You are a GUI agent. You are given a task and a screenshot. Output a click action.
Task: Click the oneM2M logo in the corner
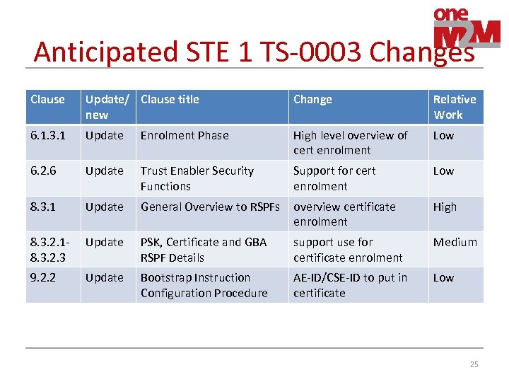tap(466, 28)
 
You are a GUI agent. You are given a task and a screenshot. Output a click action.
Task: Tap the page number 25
tap(474, 364)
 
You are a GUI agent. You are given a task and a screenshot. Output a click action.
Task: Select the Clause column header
tap(47, 100)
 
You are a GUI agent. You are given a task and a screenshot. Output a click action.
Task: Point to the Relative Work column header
tap(455, 107)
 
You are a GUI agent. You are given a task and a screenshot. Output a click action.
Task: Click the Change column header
tap(312, 100)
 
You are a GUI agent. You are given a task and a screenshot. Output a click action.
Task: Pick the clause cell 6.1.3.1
tap(47, 135)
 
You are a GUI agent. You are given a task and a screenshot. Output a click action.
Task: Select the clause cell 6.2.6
tap(44, 170)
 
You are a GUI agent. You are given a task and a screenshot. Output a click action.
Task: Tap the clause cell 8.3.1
tap(44, 207)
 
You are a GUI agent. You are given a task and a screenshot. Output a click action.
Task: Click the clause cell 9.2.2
tap(44, 277)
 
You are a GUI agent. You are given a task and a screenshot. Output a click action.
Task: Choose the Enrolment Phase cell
tap(185, 135)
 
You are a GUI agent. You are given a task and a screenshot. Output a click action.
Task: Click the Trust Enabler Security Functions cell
tap(197, 178)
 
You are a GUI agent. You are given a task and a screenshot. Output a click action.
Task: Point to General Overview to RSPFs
tap(211, 207)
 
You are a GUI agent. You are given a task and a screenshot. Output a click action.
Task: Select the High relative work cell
tap(445, 207)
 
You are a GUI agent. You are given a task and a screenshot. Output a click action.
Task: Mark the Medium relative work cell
tap(455, 242)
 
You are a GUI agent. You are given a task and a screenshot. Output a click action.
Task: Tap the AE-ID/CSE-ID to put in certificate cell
tap(350, 285)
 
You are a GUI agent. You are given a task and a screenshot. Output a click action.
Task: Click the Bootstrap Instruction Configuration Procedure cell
tap(204, 285)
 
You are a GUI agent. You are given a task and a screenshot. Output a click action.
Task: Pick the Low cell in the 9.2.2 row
tap(443, 277)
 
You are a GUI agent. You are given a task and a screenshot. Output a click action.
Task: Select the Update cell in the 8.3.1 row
tap(104, 207)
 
